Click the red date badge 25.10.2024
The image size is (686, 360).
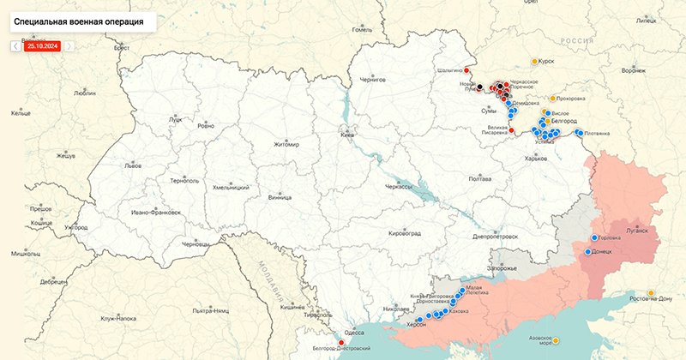(42, 46)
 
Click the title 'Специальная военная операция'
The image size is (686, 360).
(78, 18)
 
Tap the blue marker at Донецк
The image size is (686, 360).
(587, 252)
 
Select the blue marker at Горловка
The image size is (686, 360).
(593, 237)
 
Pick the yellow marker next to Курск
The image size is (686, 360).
(535, 62)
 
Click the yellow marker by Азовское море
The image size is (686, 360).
(557, 340)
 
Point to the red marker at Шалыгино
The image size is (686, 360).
(469, 70)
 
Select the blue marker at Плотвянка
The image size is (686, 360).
(580, 133)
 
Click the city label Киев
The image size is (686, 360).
(347, 135)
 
